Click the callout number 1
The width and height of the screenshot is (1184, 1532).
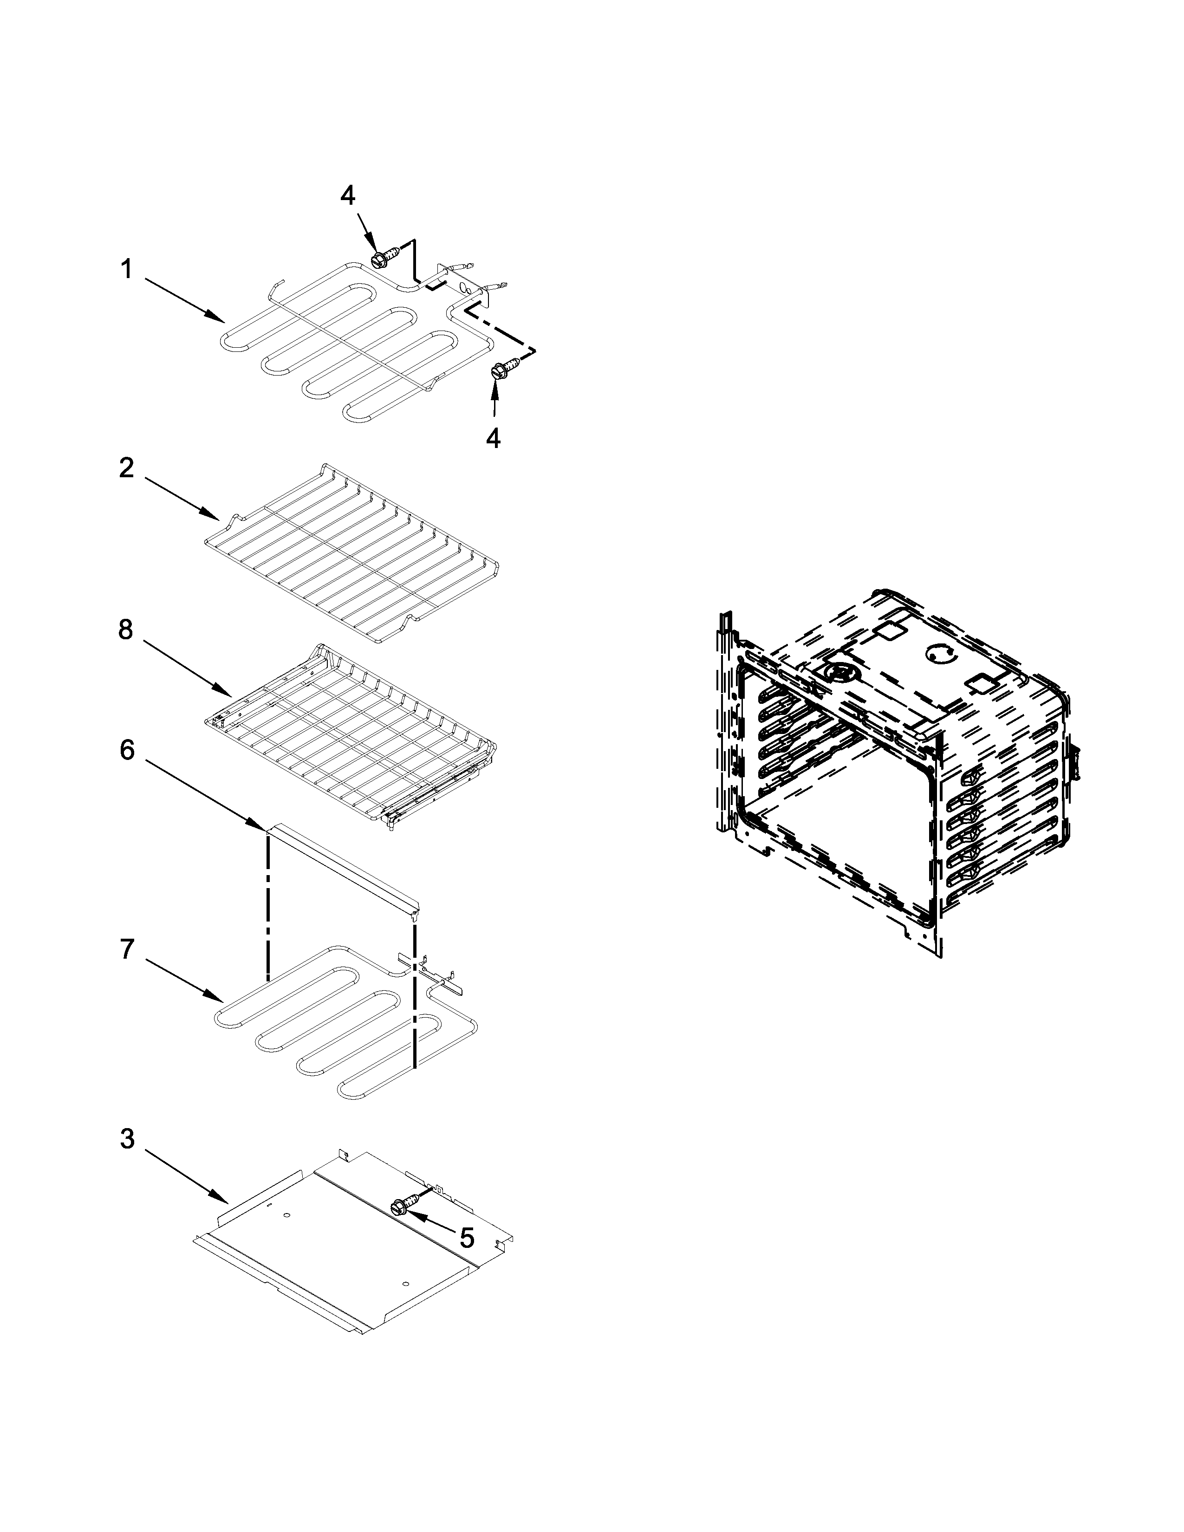(126, 269)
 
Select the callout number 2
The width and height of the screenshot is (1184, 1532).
(126, 468)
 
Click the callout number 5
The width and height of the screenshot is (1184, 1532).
(467, 1238)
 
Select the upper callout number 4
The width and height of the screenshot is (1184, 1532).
(348, 196)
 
